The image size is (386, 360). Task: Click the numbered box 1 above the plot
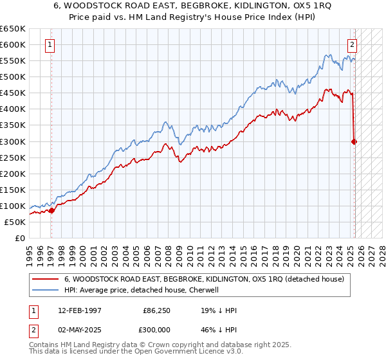50,45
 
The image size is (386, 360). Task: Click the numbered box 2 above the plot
353,45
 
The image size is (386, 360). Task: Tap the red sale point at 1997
52,210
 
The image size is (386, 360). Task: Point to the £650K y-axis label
13,29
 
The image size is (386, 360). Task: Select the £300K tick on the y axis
13,141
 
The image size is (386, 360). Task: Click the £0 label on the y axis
19,238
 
